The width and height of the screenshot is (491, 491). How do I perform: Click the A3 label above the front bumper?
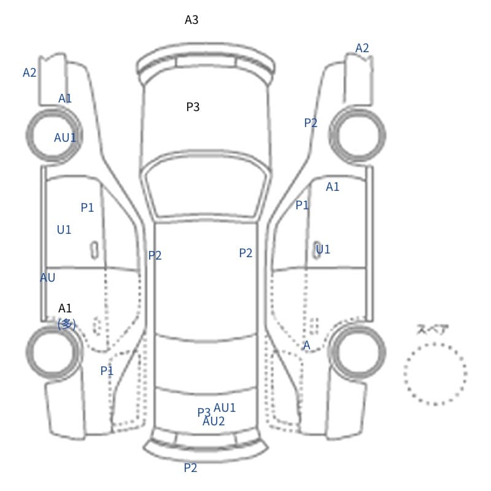[191, 20]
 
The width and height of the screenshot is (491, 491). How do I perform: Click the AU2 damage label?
[214, 422]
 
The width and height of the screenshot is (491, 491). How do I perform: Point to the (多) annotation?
[67, 324]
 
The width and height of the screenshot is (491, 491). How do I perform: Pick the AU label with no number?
[48, 277]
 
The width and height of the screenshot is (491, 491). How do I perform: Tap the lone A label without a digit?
[306, 345]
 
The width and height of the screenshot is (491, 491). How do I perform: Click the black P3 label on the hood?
[193, 107]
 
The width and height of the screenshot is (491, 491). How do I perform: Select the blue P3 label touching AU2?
[204, 412]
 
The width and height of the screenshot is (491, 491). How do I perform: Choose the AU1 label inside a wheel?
[65, 137]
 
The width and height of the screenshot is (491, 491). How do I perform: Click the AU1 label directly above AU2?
[225, 408]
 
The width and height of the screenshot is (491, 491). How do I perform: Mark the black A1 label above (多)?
[65, 309]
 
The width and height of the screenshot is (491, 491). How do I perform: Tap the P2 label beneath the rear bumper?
[190, 468]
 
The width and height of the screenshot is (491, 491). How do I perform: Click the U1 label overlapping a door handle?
[323, 250]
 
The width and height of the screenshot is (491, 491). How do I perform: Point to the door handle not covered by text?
[95, 250]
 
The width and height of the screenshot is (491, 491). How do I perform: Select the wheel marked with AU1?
[54, 135]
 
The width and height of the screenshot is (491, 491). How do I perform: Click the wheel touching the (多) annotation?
[53, 352]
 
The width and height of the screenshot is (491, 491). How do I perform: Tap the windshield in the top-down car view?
[206, 185]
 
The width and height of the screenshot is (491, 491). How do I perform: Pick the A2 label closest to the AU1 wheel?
[29, 72]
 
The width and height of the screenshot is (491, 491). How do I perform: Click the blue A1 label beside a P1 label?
[333, 187]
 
